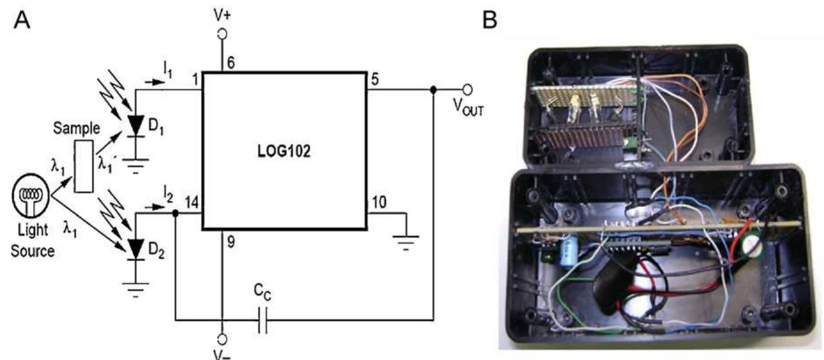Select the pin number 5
click(373, 78)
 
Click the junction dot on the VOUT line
click(433, 90)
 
